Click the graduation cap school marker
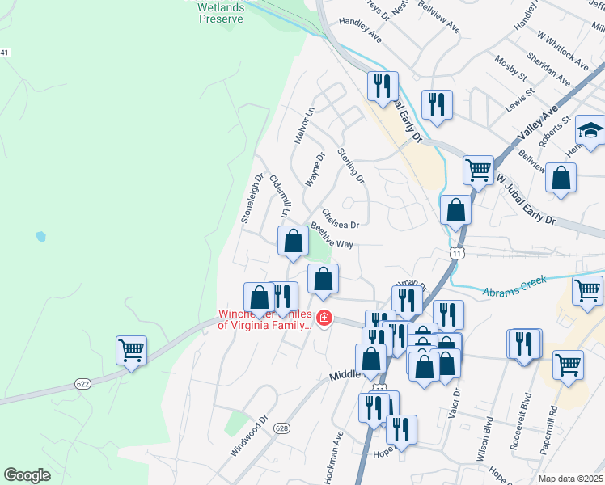pyautogui.click(x=590, y=130)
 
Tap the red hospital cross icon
pyautogui.click(x=324, y=320)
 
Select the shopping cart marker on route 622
pyautogui.click(x=131, y=351)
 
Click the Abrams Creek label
pyautogui.click(x=514, y=286)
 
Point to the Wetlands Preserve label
pyautogui.click(x=220, y=12)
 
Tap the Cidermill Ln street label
pyautogui.click(x=279, y=196)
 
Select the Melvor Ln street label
pyautogui.click(x=303, y=125)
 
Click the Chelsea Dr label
pyautogui.click(x=340, y=218)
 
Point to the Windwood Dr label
pyautogui.click(x=248, y=436)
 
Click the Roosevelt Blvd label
pyautogui.click(x=525, y=415)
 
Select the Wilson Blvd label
pyautogui.click(x=487, y=436)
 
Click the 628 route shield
pyautogui.click(x=281, y=428)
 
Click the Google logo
pyautogui.click(x=27, y=475)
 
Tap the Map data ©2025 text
pyautogui.click(x=570, y=479)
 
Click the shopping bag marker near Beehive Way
pyautogui.click(x=293, y=240)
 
